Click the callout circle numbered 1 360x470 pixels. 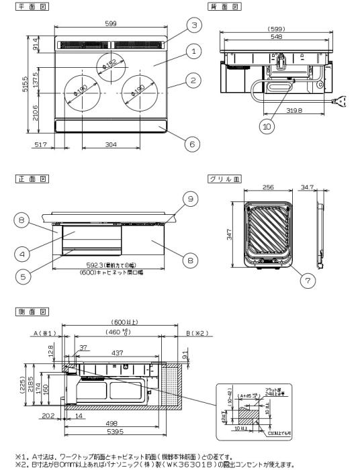pos(193,50)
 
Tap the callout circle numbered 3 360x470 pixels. pos(193,25)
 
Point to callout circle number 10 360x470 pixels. pos(269,125)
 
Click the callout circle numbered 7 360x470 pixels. pos(309,281)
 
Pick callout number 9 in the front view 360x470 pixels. pos(191,198)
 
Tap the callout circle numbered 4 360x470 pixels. pos(23,254)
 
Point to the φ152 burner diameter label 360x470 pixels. pos(109,62)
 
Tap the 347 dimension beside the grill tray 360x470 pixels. pos(229,234)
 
